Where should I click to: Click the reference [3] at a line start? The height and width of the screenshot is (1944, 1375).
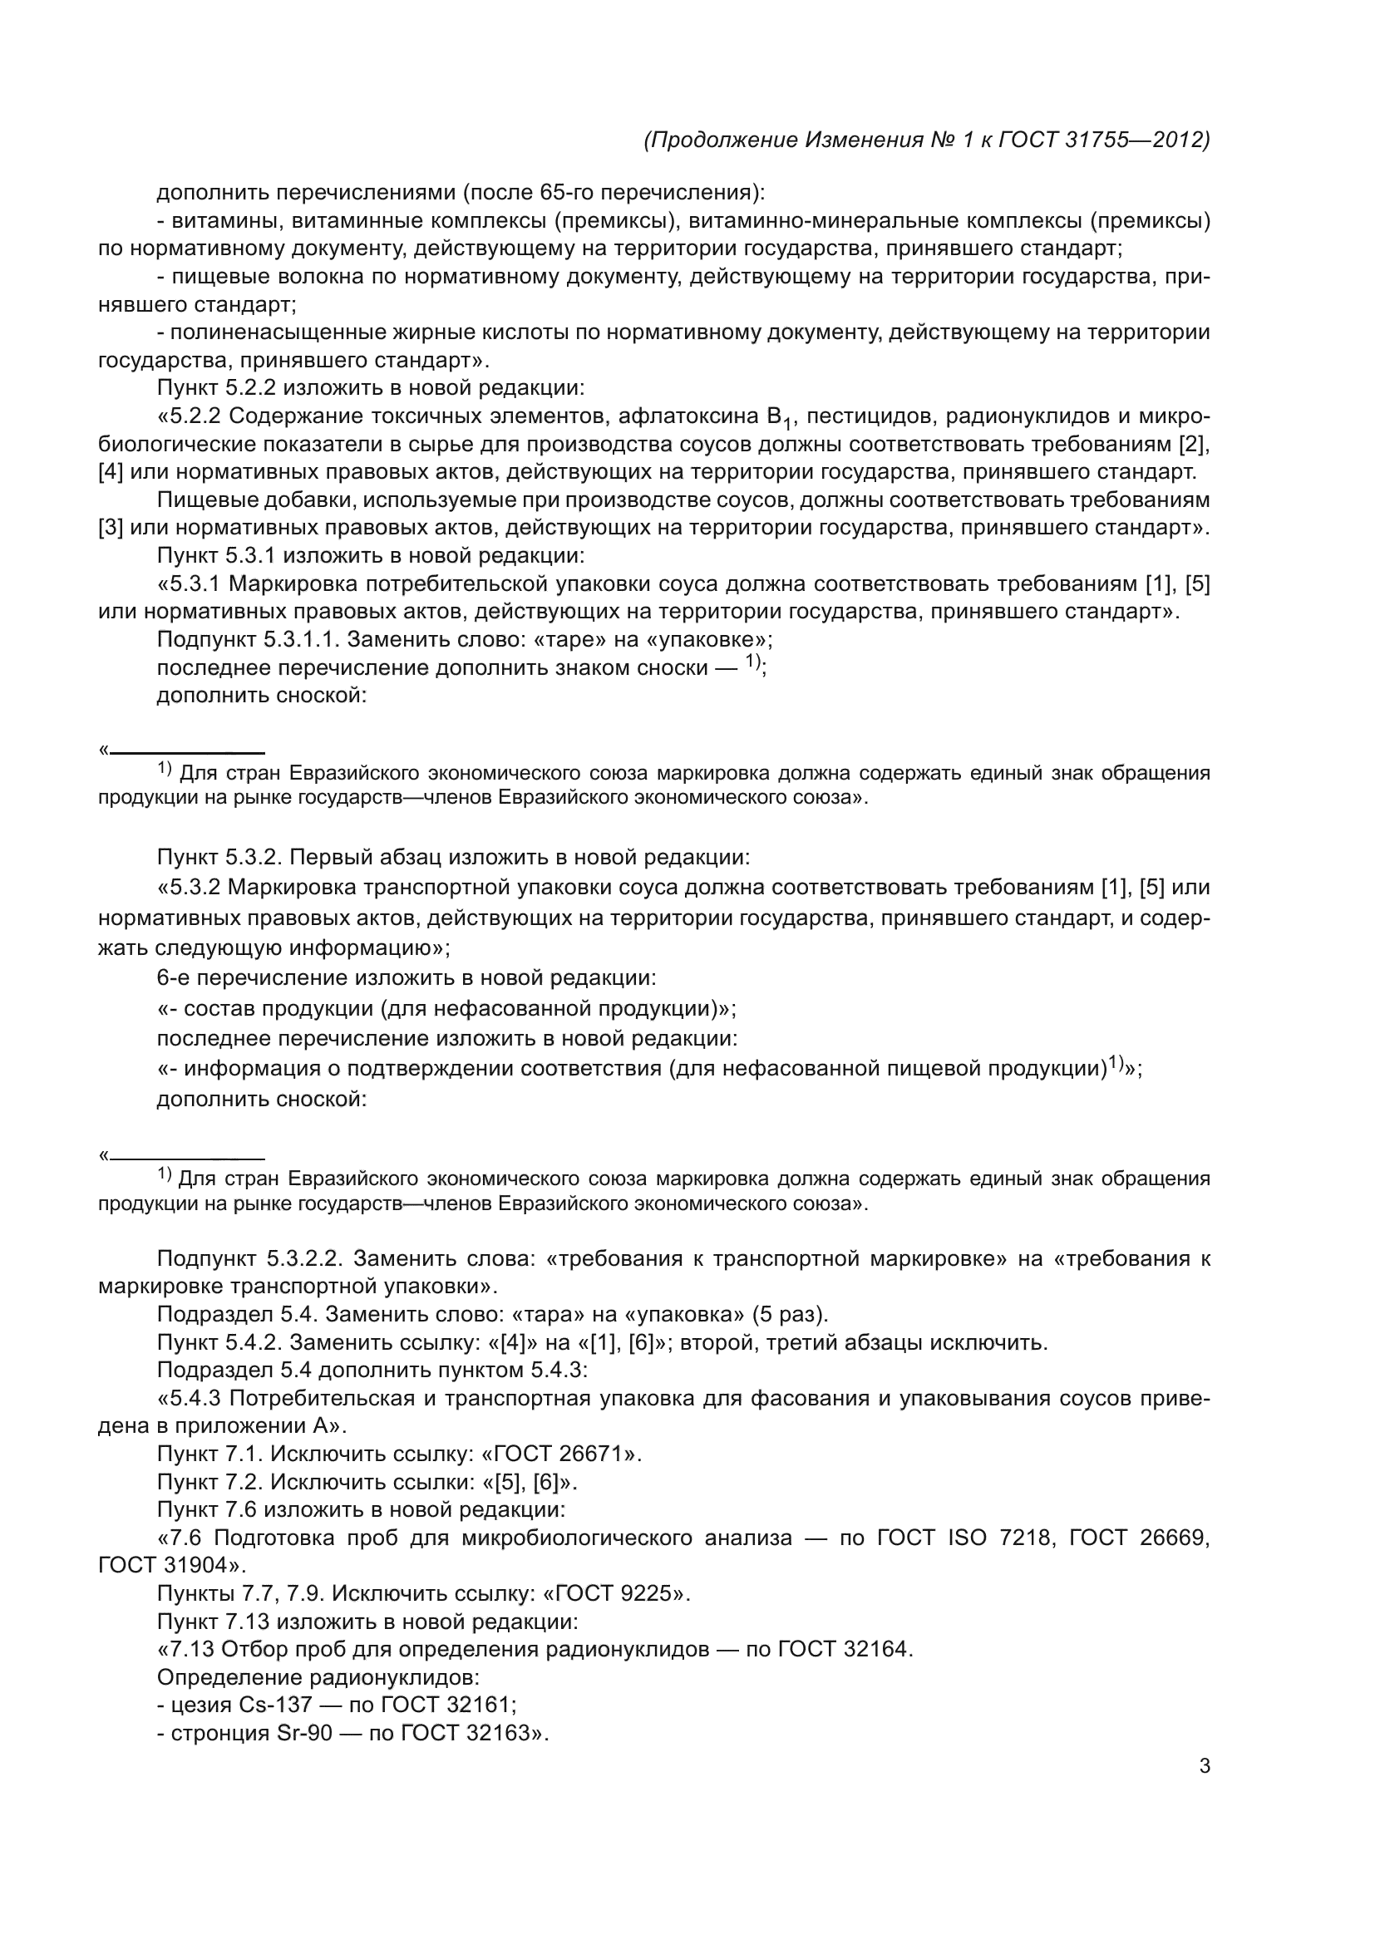pos(111,528)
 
